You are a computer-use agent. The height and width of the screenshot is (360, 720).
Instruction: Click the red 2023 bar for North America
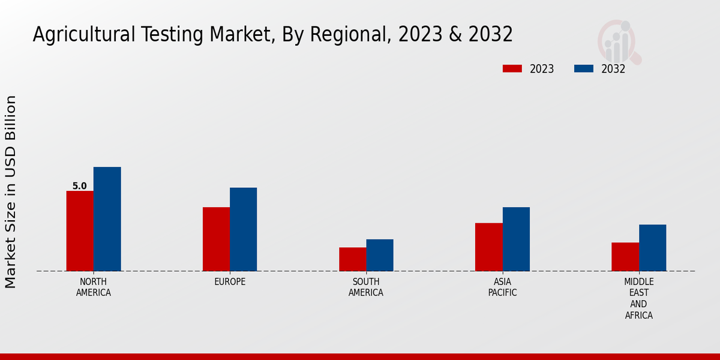point(80,231)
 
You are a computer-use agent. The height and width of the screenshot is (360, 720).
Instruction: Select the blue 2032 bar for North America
point(107,219)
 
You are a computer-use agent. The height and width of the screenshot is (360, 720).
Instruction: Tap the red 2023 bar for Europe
point(216,239)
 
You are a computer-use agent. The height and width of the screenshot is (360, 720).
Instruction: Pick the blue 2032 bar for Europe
point(243,229)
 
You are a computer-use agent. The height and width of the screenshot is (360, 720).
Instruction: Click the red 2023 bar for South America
point(352,259)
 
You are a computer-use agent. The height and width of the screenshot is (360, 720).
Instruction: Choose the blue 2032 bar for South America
point(380,255)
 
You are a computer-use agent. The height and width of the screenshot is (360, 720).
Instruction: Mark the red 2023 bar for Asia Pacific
point(488,247)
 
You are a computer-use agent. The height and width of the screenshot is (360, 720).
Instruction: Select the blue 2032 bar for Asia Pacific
point(516,239)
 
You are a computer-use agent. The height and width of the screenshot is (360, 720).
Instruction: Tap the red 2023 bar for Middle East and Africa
point(625,257)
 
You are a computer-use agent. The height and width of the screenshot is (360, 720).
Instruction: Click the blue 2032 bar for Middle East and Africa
point(652,248)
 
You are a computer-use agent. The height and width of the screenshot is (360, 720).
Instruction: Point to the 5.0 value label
point(80,186)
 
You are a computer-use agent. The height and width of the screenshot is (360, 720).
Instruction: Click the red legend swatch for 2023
point(512,68)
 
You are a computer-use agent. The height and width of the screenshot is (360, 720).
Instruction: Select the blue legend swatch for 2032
point(584,68)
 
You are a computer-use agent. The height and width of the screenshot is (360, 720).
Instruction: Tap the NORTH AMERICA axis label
point(94,287)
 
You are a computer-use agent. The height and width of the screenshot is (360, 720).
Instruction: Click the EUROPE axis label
point(230,281)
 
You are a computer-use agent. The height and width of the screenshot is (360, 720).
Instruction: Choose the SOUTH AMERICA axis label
point(366,287)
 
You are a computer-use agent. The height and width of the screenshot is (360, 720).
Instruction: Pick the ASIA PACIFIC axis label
point(502,287)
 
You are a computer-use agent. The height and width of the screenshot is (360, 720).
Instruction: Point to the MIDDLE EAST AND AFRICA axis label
point(639,298)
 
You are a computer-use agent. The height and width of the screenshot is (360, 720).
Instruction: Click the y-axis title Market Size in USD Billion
point(11,192)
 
